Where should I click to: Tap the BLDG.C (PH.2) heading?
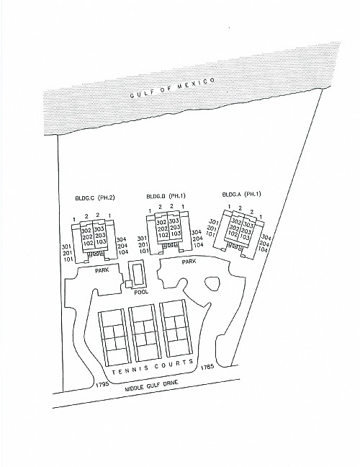[95, 197]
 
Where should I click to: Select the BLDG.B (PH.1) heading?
[166, 196]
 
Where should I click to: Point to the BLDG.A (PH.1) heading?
[241, 194]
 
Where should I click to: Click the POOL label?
[141, 292]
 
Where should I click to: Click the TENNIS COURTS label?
[153, 367]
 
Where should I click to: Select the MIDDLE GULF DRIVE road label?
[151, 386]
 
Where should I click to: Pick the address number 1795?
[102, 384]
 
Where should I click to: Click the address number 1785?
[207, 367]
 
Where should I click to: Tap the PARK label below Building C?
[102, 270]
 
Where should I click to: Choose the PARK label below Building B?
[189, 262]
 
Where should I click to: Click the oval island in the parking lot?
[212, 284]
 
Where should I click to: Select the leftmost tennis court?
[114, 338]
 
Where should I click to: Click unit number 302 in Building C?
[86, 230]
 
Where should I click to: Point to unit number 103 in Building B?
[175, 233]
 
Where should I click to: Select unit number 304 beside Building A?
[266, 237]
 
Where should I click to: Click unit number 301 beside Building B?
[143, 239]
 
